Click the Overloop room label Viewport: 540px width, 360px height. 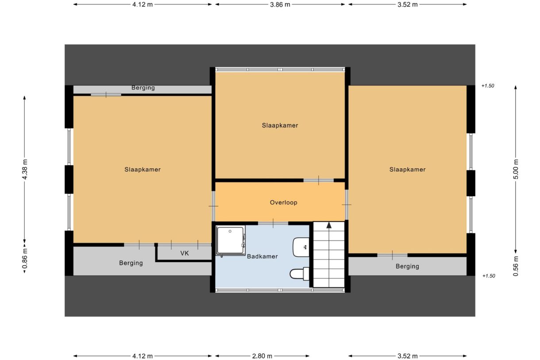click(283, 202)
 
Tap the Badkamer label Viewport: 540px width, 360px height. click(262, 256)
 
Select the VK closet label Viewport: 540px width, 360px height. click(185, 254)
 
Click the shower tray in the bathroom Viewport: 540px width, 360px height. click(230, 241)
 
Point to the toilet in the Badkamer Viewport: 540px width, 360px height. click(299, 274)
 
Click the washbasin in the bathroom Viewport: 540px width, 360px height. click(302, 247)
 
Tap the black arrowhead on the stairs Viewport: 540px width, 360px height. click(329, 225)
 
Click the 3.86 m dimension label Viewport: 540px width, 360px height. click(280, 4)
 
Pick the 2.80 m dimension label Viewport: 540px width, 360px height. click(262, 356)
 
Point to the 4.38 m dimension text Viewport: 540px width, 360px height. click(25, 169)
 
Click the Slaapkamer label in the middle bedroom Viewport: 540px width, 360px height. click(280, 125)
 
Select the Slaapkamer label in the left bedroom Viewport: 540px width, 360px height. click(142, 169)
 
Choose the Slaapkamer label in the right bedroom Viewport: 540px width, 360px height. click(407, 169)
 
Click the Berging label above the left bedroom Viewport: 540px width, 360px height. click(143, 88)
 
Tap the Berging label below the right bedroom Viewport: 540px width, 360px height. click(407, 266)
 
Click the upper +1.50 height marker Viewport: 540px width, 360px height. click(488, 86)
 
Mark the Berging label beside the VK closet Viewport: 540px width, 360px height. click(131, 263)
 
